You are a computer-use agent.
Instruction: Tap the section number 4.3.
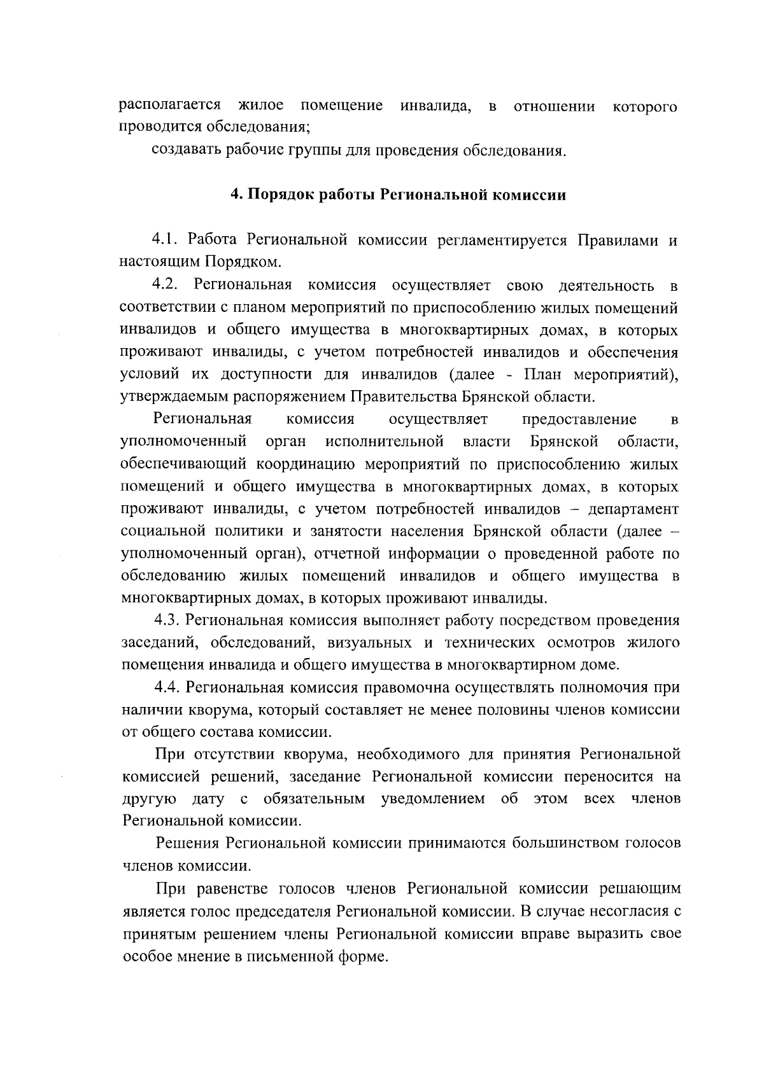(167, 620)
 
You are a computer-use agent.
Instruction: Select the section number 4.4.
(167, 687)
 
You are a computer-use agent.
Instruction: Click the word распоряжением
(279, 396)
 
